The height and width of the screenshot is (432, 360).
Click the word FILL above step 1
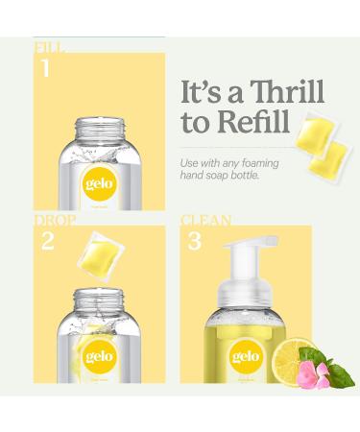[x=50, y=45]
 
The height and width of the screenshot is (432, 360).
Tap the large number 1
[x=45, y=69]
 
